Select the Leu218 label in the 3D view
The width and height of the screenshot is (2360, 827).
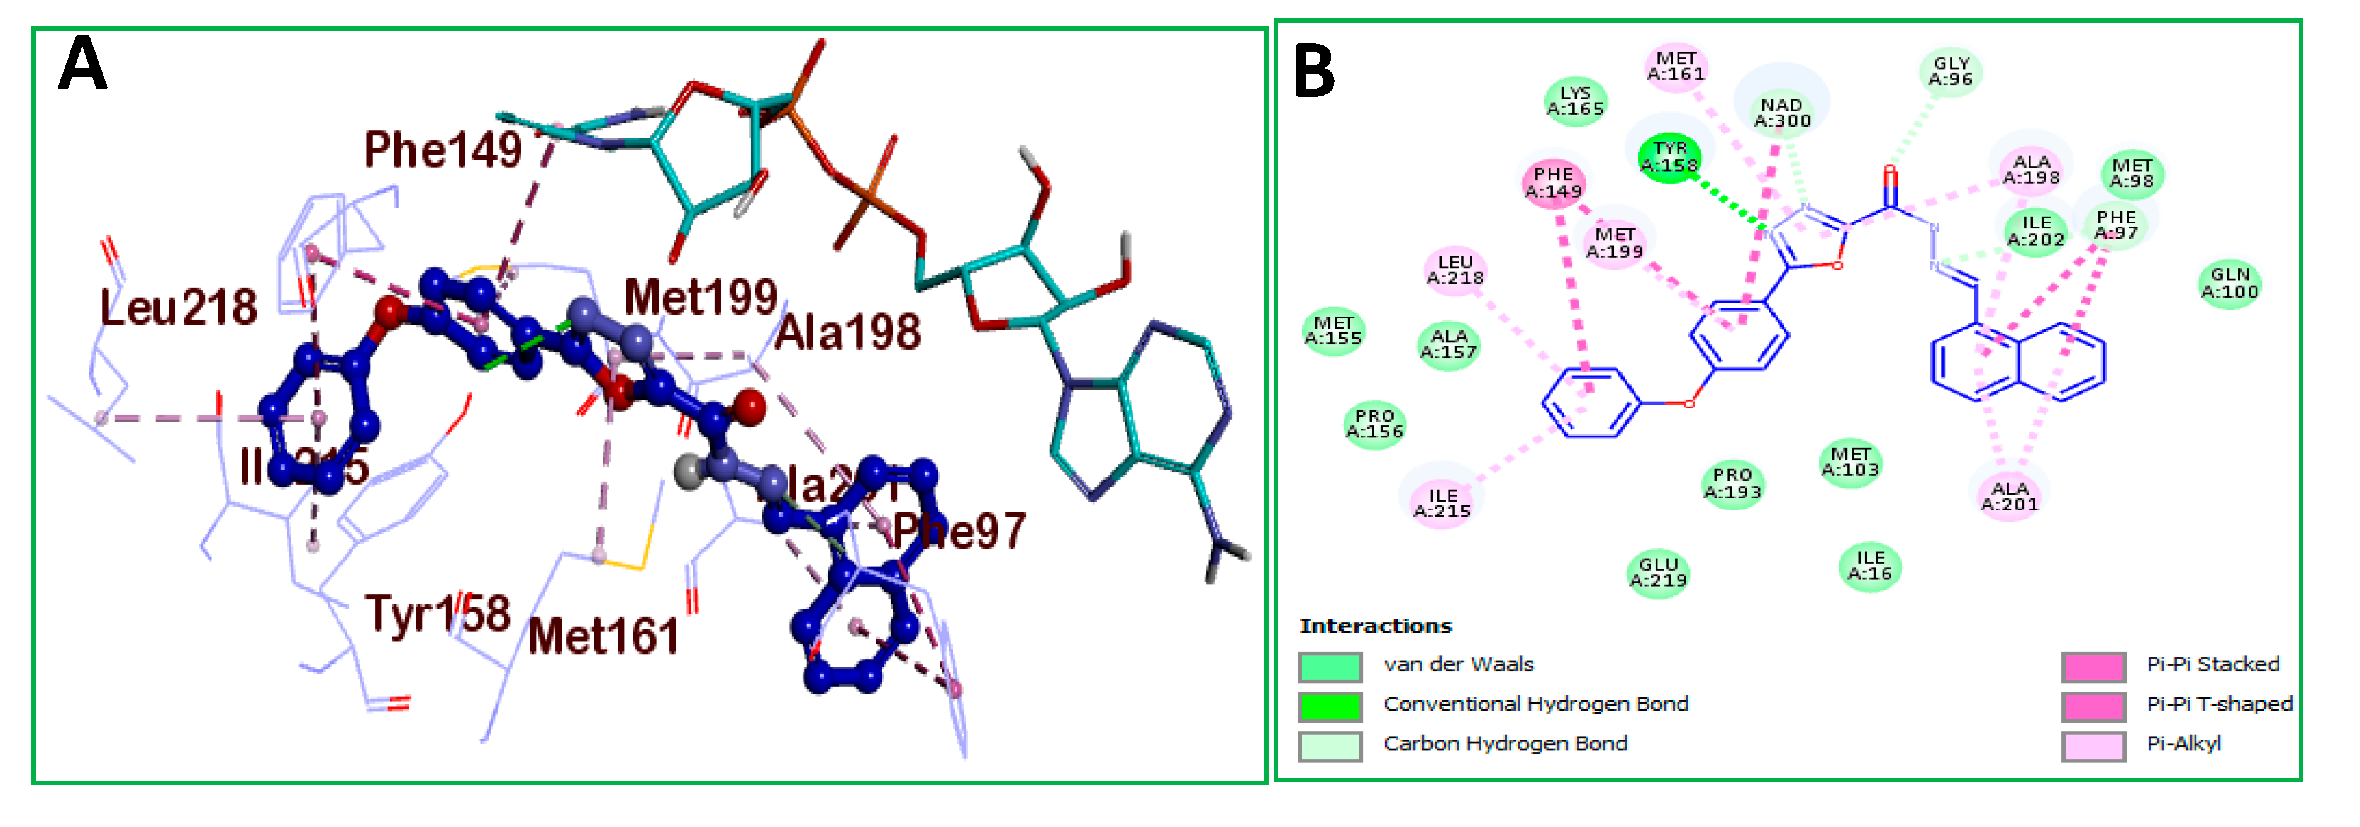pyautogui.click(x=178, y=307)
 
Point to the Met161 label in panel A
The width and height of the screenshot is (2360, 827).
pyautogui.click(x=603, y=636)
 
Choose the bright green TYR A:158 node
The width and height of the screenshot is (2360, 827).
pyautogui.click(x=1669, y=157)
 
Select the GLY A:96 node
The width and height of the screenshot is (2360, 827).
pyautogui.click(x=1951, y=72)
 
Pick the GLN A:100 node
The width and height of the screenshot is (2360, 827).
pyautogui.click(x=2229, y=283)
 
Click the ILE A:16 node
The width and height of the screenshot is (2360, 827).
pyautogui.click(x=1870, y=566)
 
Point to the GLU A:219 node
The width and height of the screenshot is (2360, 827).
pyautogui.click(x=1657, y=572)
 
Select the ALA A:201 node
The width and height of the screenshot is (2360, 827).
pyautogui.click(x=2009, y=496)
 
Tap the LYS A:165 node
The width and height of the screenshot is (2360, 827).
pyautogui.click(x=1575, y=101)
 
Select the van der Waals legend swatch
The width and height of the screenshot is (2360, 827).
pyautogui.click(x=1329, y=667)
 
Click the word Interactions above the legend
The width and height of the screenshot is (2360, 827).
pyautogui.click(x=1375, y=626)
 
